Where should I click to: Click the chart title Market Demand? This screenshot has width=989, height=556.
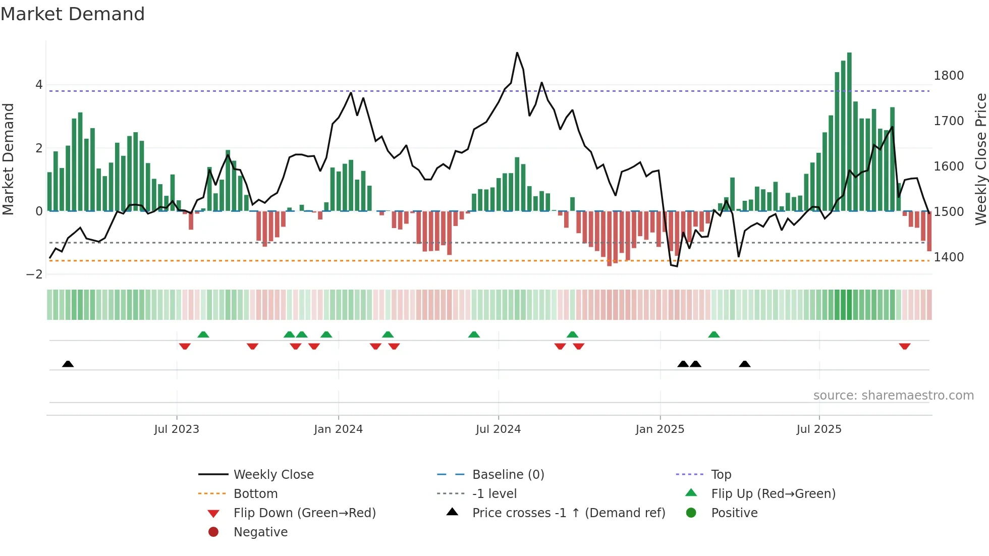click(x=73, y=14)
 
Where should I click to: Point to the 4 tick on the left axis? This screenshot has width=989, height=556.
click(x=39, y=85)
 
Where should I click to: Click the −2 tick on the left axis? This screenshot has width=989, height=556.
click(x=35, y=274)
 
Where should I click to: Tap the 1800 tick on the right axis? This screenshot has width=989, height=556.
click(x=949, y=76)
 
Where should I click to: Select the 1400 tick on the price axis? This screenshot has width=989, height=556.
click(x=949, y=257)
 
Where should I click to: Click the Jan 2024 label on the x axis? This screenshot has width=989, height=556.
click(x=338, y=429)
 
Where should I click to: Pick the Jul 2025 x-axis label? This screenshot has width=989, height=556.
click(x=819, y=429)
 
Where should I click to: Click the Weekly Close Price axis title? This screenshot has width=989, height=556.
click(x=980, y=159)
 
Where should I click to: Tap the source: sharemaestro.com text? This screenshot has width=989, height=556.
click(x=893, y=396)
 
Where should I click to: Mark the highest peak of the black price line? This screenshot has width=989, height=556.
click(x=517, y=53)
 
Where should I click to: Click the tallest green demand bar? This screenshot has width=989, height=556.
click(x=849, y=131)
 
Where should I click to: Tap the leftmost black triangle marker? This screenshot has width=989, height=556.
click(x=68, y=364)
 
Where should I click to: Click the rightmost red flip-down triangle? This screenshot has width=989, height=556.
click(x=904, y=346)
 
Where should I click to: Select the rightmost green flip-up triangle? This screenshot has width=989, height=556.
click(x=713, y=335)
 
